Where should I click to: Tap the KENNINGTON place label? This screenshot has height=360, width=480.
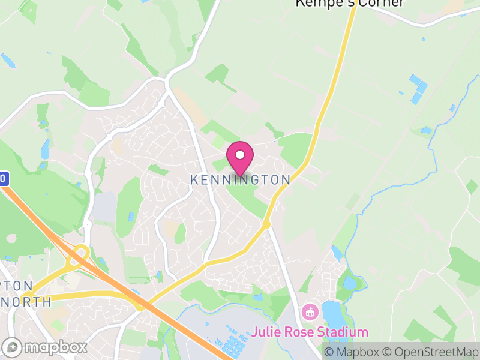tap(240, 180)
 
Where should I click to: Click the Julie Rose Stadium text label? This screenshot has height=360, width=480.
tap(310, 332)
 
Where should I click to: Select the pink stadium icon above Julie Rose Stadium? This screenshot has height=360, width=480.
tap(310, 311)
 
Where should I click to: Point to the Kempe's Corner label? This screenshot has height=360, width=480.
tap(350, 3)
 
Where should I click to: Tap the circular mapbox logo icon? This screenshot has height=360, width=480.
tap(13, 347)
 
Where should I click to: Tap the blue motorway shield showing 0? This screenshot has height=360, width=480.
tap(4, 178)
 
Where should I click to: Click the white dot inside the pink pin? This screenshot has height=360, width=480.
tap(240, 155)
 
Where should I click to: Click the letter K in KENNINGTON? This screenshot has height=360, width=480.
tap(194, 180)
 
